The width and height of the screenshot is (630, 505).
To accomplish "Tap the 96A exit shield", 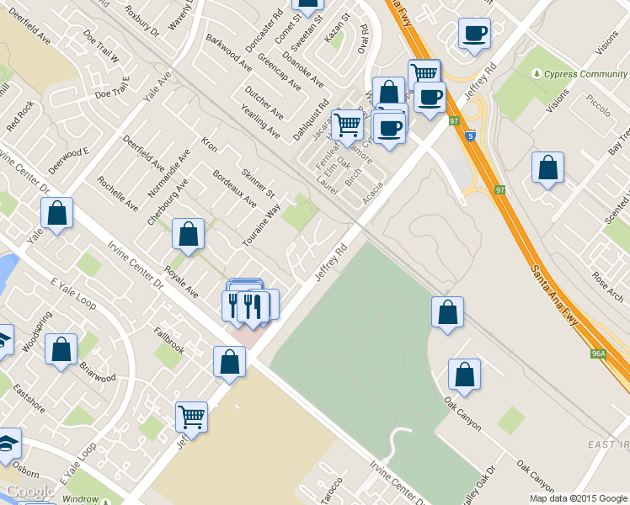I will (598, 354).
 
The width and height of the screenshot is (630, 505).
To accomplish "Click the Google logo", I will (30, 492).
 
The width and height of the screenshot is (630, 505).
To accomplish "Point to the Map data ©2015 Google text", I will (578, 498).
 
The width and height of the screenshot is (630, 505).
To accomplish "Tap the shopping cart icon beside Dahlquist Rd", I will (347, 126).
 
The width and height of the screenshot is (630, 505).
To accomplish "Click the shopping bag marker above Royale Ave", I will (188, 235).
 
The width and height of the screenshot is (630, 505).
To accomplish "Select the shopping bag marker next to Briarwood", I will (61, 350).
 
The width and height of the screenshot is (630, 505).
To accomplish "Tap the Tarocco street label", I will (331, 490).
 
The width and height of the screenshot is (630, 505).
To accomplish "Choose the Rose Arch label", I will (606, 280).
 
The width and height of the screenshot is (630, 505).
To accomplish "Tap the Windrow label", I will (80, 499).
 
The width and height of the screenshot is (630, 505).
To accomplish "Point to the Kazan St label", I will (336, 35).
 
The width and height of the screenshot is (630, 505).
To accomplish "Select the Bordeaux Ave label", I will (234, 189).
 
